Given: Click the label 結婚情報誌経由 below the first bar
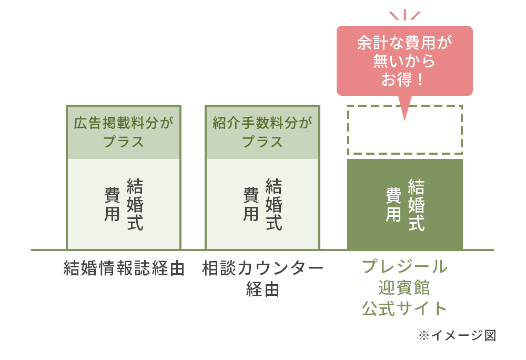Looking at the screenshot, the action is pyautogui.click(x=124, y=268).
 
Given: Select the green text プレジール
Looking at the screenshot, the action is pyautogui.click(x=404, y=267).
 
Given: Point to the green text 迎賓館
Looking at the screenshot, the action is pyautogui.click(x=404, y=287).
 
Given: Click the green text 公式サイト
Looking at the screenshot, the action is pyautogui.click(x=404, y=308).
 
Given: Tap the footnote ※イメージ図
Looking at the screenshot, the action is pyautogui.click(x=457, y=335).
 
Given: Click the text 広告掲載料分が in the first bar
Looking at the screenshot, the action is pyautogui.click(x=124, y=123).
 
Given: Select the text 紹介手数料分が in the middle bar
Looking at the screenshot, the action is pyautogui.click(x=262, y=123).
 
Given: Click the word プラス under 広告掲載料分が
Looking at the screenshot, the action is pyautogui.click(x=124, y=142).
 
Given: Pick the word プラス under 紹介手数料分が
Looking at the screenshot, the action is pyautogui.click(x=262, y=142).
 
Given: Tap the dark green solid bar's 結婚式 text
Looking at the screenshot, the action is pyautogui.click(x=417, y=205).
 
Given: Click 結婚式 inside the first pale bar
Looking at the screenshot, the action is pyautogui.click(x=135, y=204).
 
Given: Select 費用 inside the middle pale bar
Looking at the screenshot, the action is pyautogui.click(x=251, y=204).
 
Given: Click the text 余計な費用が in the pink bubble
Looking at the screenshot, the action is pyautogui.click(x=404, y=43).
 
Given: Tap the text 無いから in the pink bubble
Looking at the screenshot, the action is pyautogui.click(x=404, y=61).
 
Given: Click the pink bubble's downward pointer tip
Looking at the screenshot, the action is pyautogui.click(x=404, y=121).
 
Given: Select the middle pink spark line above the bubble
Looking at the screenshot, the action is pyautogui.click(x=405, y=15).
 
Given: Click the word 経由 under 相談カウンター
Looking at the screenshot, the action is pyautogui.click(x=262, y=289).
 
